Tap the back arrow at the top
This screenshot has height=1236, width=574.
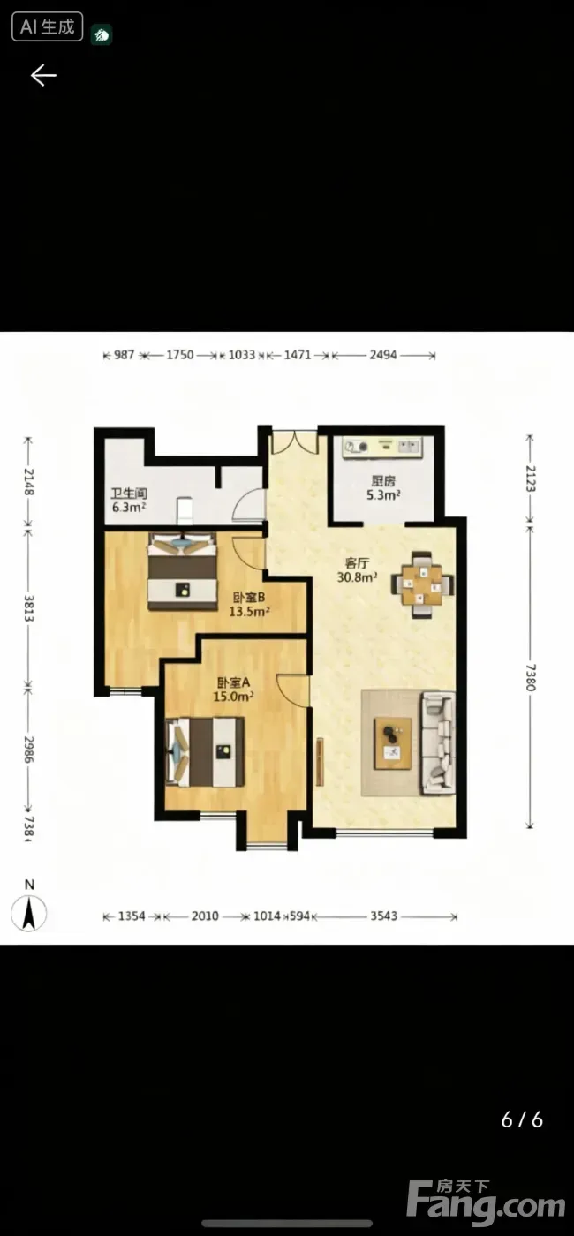tap(43, 75)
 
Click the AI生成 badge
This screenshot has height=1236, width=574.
tap(48, 27)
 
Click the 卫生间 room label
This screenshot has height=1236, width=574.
tap(129, 494)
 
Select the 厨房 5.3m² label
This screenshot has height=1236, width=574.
tap(383, 487)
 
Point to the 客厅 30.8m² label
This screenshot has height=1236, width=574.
tap(357, 570)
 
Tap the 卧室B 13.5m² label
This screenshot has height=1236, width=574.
tap(249, 604)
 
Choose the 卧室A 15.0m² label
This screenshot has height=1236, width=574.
tap(233, 690)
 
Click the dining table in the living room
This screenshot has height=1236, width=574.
tap(423, 584)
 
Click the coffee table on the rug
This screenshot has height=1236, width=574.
tap(393, 742)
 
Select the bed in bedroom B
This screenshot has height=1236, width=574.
tap(182, 571)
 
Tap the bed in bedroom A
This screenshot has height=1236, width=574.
tap(205, 751)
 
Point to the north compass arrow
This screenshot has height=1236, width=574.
tap(29, 913)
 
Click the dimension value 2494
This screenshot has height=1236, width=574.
tap(383, 355)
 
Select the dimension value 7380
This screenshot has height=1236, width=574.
tap(531, 677)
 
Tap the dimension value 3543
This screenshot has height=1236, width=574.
tap(383, 916)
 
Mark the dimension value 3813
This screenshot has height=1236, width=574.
tap(28, 608)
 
